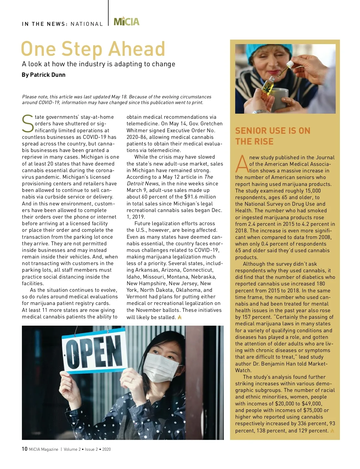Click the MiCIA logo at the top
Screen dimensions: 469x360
pos(127,22)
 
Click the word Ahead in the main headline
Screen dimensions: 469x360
pos(137,49)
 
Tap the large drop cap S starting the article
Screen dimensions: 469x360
pos(28,124)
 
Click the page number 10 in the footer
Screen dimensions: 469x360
pos(25,449)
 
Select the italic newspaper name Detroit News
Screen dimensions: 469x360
pos(142,184)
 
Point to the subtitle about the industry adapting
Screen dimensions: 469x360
pos(98,64)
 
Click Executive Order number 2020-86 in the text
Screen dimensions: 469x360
pos(136,137)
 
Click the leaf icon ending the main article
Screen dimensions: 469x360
pos(180,317)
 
